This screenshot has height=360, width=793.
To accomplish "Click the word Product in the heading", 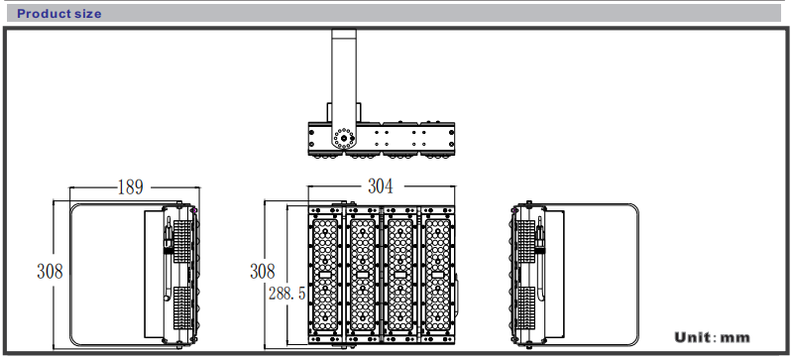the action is pos(41,14).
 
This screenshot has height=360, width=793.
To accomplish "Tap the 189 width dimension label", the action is pos(131,187).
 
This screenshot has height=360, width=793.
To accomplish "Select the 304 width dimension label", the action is pos(381,186).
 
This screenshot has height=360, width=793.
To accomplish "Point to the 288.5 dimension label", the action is pos(286,293).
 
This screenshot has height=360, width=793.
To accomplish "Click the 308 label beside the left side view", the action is pos(50,272).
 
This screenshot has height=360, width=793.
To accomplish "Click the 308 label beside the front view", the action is pos(263,272).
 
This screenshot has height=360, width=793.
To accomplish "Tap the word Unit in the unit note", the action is pos(692,337).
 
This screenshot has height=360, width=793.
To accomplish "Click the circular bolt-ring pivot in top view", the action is pos(344,138).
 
